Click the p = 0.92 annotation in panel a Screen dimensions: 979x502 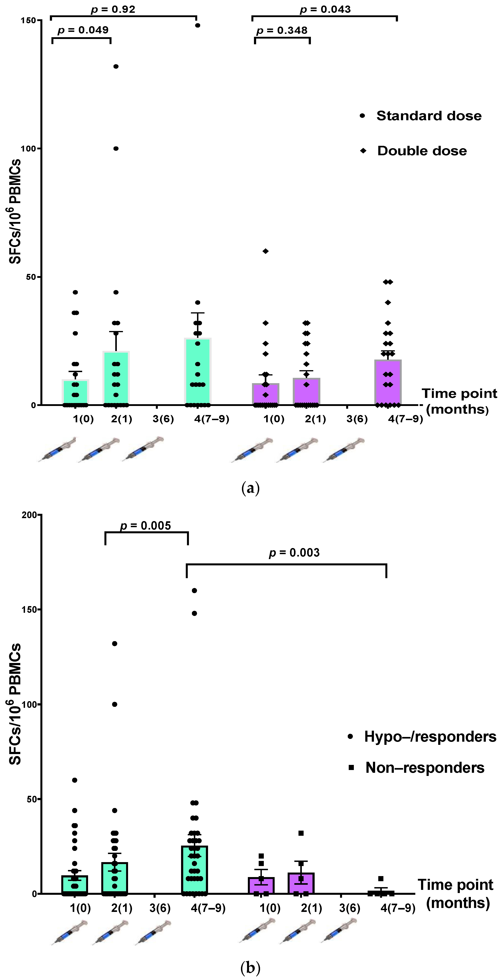[x=113, y=9]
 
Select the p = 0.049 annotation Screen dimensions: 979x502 [x=83, y=30]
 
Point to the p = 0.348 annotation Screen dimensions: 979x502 [x=282, y=31]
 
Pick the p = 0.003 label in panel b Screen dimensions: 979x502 [x=294, y=553]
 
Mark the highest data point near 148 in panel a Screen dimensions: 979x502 [x=198, y=25]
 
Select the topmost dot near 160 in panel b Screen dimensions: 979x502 [x=194, y=591]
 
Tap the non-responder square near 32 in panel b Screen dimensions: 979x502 [x=301, y=833]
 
